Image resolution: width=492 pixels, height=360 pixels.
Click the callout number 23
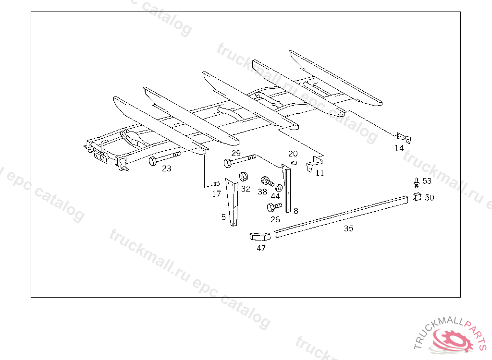click(167, 168)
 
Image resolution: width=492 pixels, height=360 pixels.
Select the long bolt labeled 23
click(165, 158)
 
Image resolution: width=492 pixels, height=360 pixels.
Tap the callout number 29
click(236, 153)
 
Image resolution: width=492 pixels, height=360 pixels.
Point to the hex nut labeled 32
click(244, 177)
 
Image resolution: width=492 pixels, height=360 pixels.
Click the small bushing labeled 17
click(216, 184)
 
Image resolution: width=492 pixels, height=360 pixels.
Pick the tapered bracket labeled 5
click(232, 202)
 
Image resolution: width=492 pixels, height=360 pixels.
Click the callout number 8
click(296, 211)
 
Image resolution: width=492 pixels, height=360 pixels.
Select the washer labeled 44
click(279, 188)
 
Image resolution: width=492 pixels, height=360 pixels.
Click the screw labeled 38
click(267, 181)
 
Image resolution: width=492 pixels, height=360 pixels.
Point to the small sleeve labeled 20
click(294, 163)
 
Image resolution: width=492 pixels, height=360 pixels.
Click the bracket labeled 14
click(404, 138)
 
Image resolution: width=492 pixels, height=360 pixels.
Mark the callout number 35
click(349, 228)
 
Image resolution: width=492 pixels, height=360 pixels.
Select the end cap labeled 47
click(260, 236)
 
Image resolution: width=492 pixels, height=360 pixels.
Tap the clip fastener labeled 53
click(417, 182)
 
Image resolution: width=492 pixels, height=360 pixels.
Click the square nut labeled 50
click(417, 197)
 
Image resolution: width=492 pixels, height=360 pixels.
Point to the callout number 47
click(261, 248)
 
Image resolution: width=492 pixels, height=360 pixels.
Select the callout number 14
click(399, 148)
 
